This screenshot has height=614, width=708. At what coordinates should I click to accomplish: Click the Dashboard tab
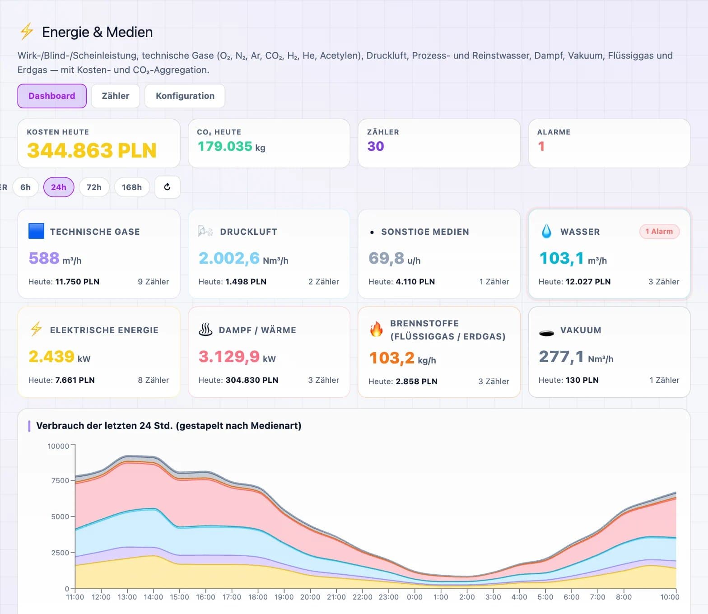[52, 96]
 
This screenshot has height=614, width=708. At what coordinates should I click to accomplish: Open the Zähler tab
[116, 96]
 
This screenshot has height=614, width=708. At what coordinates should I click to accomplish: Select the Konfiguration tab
[185, 96]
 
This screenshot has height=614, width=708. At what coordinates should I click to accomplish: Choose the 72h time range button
[94, 187]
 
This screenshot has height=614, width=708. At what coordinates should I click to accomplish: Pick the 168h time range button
[132, 187]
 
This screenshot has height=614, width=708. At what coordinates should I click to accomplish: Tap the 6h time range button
[26, 187]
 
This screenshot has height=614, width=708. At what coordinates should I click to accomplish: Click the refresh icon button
[168, 187]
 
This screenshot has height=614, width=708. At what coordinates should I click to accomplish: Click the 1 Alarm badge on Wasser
[659, 231]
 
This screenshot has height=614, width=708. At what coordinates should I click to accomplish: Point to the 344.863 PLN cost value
[92, 150]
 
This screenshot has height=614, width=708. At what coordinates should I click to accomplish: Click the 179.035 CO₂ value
[225, 146]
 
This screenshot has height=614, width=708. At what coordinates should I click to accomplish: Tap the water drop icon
[546, 231]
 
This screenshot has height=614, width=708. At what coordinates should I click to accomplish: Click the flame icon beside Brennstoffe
[376, 329]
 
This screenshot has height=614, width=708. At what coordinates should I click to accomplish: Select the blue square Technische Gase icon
[36, 231]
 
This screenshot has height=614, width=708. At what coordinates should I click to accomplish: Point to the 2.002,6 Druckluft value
[229, 258]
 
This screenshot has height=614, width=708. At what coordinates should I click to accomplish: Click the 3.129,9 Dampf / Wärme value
[229, 357]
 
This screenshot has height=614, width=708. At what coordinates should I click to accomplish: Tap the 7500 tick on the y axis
[60, 480]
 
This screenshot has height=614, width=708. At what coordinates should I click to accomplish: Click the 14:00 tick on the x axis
[154, 597]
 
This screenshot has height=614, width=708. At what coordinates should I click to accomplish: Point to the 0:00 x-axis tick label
[415, 597]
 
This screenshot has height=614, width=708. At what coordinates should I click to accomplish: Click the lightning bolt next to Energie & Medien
[27, 31]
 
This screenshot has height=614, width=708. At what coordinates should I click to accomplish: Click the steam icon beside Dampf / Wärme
[205, 330]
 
